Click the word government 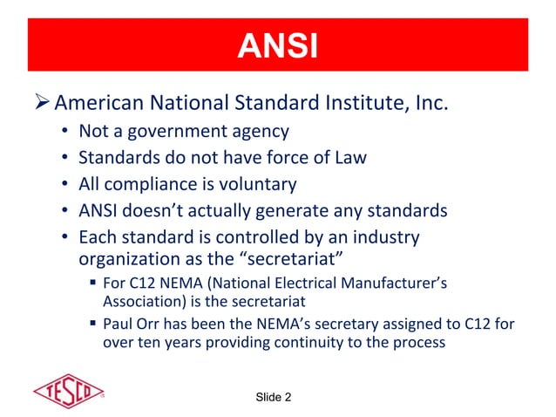[x=183, y=133]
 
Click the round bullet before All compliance [x=66, y=185]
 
